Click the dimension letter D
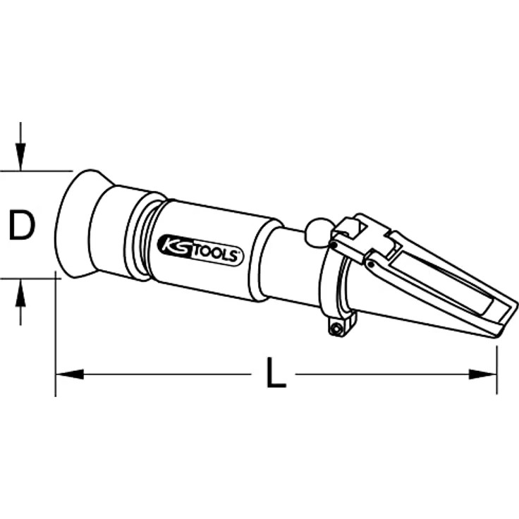pos(22,225)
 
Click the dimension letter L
pos(276,372)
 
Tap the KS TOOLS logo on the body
pos(200,250)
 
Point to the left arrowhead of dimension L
pos(70,374)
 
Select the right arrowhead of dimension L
pos(483,374)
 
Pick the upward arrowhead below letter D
pos(21,292)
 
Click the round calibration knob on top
pos(316,233)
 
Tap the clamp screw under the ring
pos(337,328)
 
